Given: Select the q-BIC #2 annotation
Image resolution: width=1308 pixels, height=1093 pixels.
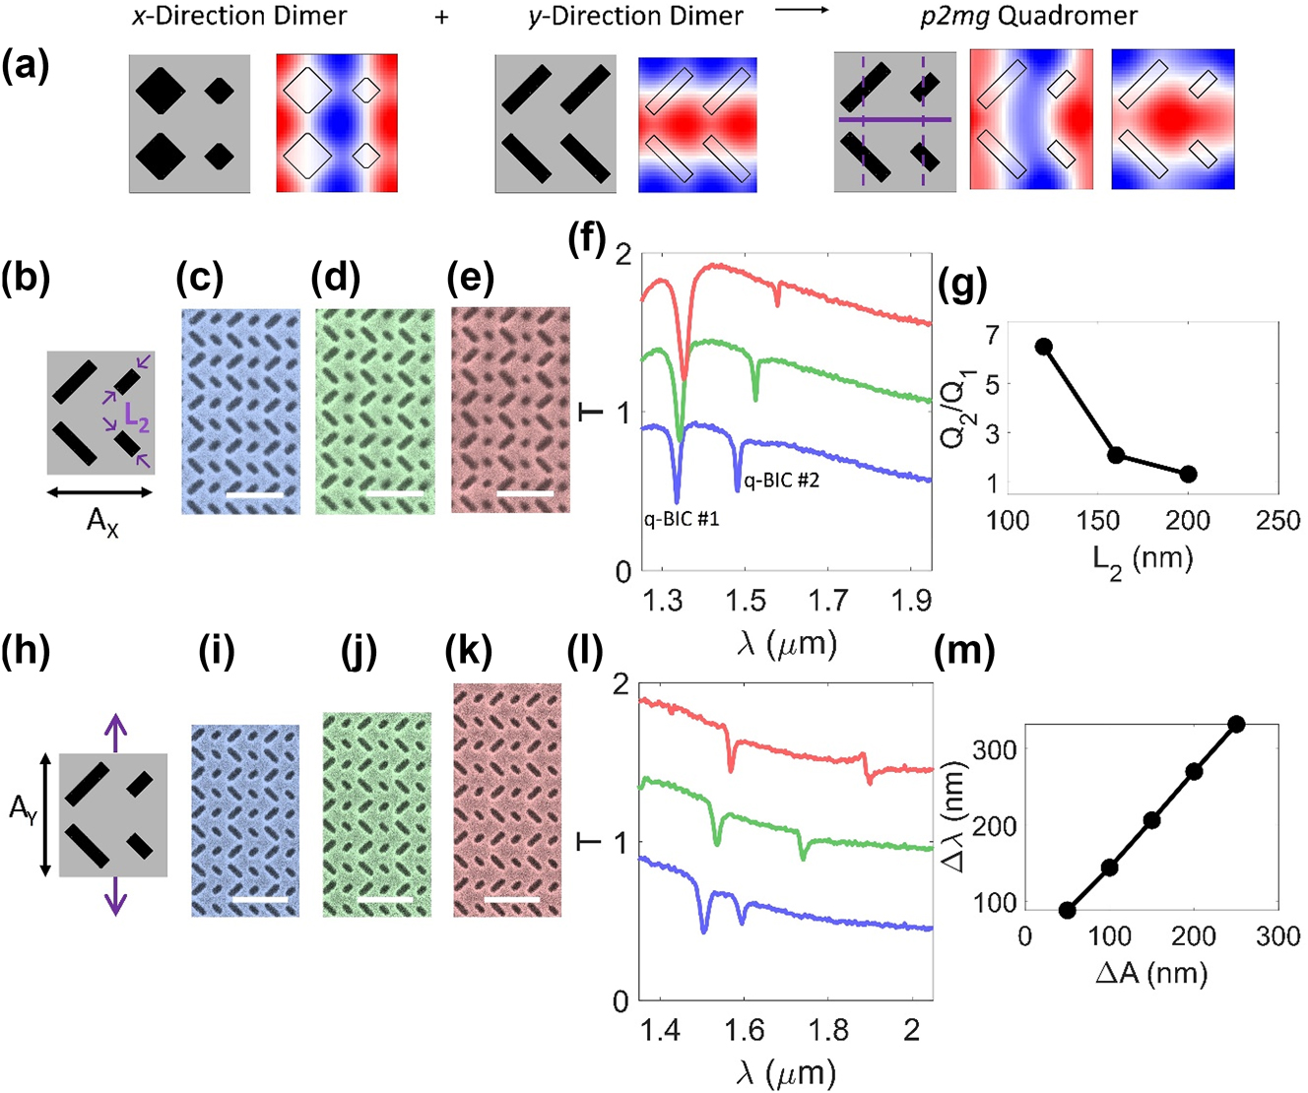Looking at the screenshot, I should point(781,481).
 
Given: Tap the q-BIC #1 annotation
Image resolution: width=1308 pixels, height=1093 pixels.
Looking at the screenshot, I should point(682,518).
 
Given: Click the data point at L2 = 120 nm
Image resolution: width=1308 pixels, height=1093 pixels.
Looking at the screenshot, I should point(1044,347).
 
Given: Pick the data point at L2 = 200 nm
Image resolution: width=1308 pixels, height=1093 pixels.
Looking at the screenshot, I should point(1188,474).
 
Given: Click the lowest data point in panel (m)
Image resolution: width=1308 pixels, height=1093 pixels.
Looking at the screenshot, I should point(1067,910).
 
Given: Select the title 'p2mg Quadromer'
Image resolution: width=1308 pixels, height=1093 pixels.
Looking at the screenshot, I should point(1028,17).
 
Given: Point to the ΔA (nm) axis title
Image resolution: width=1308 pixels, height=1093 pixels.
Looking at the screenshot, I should point(1151,974).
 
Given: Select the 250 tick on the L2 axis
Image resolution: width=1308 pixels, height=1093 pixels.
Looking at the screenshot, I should point(1277,521).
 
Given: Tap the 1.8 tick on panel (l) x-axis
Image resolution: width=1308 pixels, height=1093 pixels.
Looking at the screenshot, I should point(829,1030).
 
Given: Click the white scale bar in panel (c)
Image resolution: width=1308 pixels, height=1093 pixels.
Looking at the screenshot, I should point(255,494).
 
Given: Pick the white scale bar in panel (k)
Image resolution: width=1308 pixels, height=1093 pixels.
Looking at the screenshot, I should point(511,900).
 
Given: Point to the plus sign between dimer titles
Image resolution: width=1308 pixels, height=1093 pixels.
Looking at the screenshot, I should point(442,17).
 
